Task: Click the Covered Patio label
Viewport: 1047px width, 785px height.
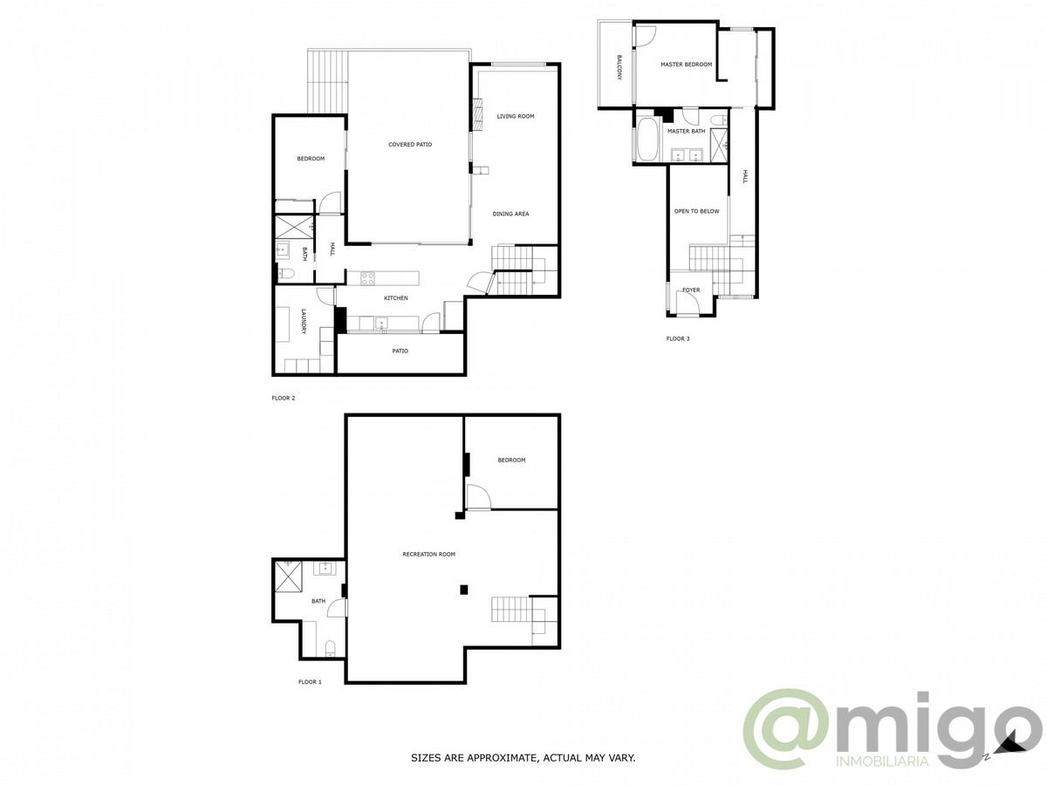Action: [410, 145]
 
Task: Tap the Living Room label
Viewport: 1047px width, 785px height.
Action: [516, 116]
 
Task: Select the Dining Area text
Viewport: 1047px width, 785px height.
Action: [510, 214]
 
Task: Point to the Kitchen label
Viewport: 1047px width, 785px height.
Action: [396, 298]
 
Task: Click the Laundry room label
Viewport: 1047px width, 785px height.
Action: [304, 322]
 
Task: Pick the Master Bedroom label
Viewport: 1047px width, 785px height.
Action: [686, 65]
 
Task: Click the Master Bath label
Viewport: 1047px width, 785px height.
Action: [686, 131]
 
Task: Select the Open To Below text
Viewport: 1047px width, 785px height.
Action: [696, 211]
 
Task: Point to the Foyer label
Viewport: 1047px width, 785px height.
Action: [691, 290]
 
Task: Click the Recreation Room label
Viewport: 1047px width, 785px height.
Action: [428, 555]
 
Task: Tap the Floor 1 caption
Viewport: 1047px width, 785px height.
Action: [310, 682]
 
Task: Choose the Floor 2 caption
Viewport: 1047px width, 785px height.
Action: [284, 399]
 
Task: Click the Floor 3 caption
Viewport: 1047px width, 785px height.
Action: [678, 338]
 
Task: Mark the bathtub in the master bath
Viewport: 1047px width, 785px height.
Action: [647, 140]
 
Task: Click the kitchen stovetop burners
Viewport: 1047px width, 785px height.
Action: [368, 279]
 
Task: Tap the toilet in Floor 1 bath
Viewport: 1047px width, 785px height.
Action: [330, 647]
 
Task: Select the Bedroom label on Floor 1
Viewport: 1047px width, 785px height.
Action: [511, 461]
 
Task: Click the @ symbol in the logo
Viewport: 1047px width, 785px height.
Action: [787, 728]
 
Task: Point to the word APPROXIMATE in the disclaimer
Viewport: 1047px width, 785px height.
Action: [503, 759]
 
